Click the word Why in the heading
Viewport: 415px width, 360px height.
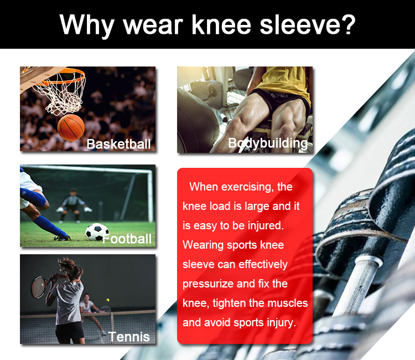pos(87,25)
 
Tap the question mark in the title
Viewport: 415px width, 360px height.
pos(347,24)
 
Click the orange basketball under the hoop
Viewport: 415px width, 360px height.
pos(71,127)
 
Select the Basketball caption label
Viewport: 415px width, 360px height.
pos(118,144)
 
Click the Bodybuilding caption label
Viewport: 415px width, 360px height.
pos(268,143)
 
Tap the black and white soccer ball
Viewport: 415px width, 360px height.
pos(97,232)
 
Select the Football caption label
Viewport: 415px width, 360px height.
pos(127,239)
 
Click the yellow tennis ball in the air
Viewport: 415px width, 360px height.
pos(107,300)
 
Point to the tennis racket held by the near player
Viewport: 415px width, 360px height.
pos(40,287)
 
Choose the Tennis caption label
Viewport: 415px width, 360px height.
pos(129,337)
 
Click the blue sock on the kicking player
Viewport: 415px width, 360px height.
pos(50,226)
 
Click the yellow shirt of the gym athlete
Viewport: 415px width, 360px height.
pos(286,82)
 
